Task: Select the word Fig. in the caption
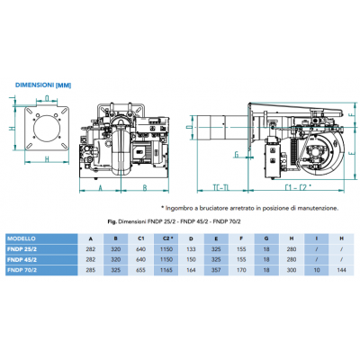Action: coord(110,221)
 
